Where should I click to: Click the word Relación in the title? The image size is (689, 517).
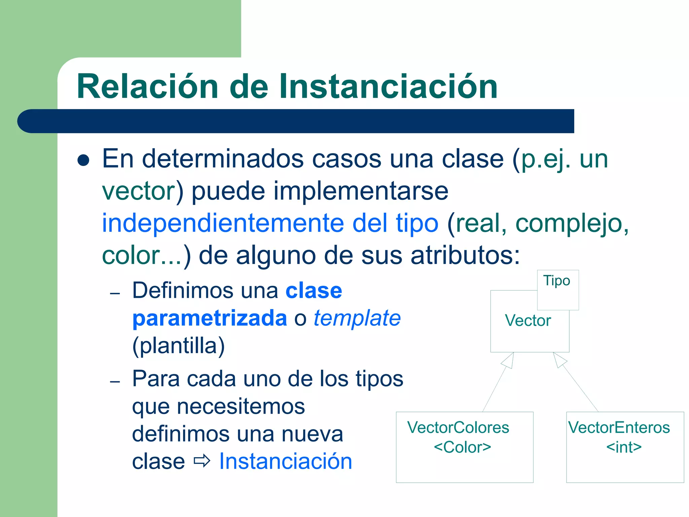point(147,87)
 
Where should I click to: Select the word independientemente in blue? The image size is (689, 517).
point(223,223)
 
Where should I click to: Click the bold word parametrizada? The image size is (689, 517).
point(209,318)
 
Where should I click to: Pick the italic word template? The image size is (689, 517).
point(357,318)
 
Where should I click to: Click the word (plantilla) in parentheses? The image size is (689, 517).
point(178,346)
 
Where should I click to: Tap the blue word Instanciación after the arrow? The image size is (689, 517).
point(285,461)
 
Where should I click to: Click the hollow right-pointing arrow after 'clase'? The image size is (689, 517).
point(202,461)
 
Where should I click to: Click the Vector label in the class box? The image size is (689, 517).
point(528,320)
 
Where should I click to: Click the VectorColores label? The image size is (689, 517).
point(458,427)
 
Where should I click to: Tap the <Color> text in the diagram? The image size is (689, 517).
point(462,447)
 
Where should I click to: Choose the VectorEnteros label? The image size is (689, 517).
point(619,427)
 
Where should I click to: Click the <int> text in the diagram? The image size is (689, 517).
point(624,447)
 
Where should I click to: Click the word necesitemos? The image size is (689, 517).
point(218,406)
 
